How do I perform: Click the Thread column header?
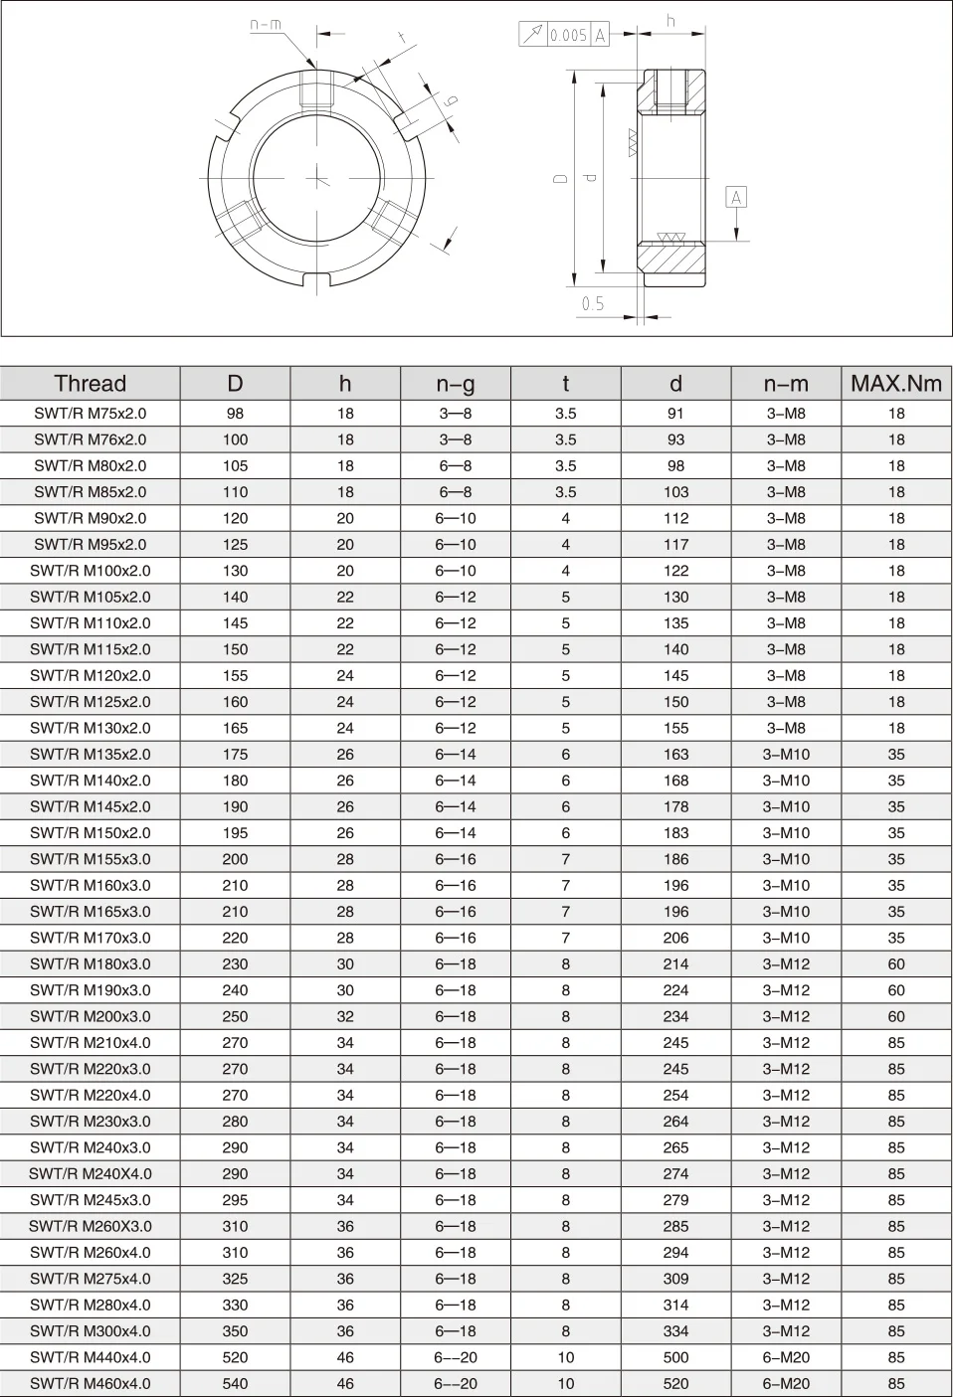(90, 384)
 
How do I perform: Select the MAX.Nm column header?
(895, 384)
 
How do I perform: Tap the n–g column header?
(455, 384)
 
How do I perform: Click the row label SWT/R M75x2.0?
(90, 414)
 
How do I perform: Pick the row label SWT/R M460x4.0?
(90, 1384)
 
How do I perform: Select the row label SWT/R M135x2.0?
(90, 755)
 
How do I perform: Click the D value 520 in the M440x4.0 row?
(235, 1357)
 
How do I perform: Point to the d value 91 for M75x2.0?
(675, 414)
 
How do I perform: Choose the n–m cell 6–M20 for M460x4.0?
(786, 1384)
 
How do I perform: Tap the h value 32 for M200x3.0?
(345, 1017)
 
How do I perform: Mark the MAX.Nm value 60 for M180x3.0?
(896, 964)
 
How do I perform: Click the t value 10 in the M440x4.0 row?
(565, 1357)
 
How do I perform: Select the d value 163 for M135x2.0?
(675, 755)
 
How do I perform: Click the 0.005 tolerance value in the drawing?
(568, 36)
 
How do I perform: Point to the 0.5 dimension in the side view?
(593, 304)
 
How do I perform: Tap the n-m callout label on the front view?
(265, 25)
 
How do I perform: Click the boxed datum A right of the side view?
(736, 198)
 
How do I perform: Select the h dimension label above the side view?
(671, 21)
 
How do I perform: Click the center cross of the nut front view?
(318, 179)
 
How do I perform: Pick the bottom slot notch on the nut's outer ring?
(318, 279)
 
